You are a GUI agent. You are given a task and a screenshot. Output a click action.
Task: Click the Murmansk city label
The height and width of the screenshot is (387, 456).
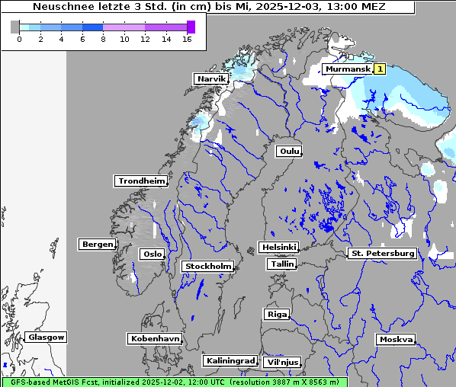pyautogui.click(x=348, y=69)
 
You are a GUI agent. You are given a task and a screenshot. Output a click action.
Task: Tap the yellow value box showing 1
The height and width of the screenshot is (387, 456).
pyautogui.click(x=379, y=69)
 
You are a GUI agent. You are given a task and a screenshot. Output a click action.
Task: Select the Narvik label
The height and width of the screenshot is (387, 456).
pyautogui.click(x=211, y=79)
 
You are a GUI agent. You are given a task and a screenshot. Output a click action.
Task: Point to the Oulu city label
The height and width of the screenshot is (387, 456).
pyautogui.click(x=288, y=151)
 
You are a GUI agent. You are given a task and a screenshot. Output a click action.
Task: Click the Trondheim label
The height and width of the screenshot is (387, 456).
pyautogui.click(x=141, y=181)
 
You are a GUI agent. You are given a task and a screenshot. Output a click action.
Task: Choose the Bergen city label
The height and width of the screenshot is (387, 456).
pyautogui.click(x=96, y=245)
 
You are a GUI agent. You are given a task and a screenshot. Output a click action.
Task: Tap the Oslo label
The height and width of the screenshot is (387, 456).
pyautogui.click(x=152, y=254)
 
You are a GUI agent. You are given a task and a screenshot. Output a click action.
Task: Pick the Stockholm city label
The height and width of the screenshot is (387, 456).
pyautogui.click(x=207, y=267)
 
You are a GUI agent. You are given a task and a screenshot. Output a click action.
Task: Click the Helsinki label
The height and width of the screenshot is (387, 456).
pyautogui.click(x=278, y=248)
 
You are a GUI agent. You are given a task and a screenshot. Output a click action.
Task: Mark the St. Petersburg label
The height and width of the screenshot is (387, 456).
pyautogui.click(x=381, y=253)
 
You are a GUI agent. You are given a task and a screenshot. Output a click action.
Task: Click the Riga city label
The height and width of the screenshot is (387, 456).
pyautogui.click(x=276, y=315)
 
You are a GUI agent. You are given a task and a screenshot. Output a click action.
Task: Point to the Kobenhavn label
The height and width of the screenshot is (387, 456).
pyautogui.click(x=155, y=338)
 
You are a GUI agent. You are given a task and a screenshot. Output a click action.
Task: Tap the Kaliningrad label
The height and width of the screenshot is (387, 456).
pyautogui.click(x=230, y=360)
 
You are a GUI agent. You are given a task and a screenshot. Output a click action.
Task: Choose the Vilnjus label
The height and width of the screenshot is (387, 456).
pyautogui.click(x=281, y=363)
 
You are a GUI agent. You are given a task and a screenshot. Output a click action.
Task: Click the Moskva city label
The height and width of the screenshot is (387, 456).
pyautogui.click(x=396, y=340)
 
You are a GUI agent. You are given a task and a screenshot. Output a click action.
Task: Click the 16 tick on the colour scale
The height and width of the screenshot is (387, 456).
pyautogui.click(x=187, y=39)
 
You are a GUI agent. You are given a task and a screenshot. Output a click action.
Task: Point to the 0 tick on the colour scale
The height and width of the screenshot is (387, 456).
pyautogui.click(x=19, y=39)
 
